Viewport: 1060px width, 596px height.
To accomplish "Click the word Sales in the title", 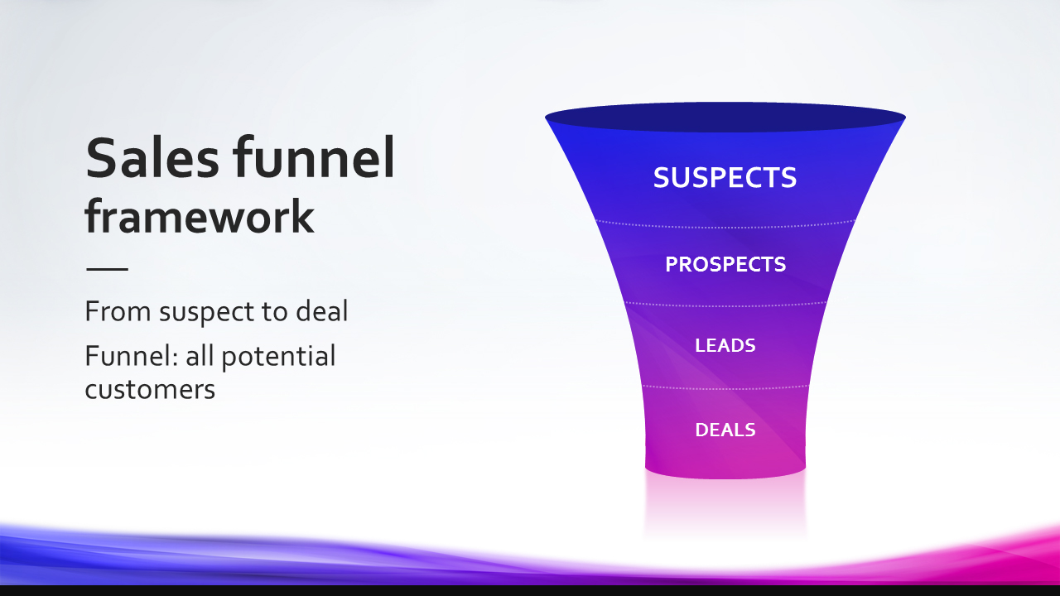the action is tap(152, 157).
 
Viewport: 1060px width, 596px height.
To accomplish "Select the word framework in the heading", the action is tap(200, 216).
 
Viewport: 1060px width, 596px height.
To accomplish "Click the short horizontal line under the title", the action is tap(107, 269).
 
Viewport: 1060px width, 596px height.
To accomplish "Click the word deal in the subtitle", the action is tap(322, 310).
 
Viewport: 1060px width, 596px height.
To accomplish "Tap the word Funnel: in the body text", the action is tap(132, 356).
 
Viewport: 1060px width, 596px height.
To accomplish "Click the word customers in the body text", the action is tap(150, 390).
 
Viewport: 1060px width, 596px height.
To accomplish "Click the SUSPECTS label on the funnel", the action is tap(725, 178).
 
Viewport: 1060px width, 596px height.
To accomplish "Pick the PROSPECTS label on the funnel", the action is tap(725, 264).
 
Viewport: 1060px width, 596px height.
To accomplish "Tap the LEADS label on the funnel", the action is tap(725, 345).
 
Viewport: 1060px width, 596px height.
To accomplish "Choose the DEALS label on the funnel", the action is tap(725, 430).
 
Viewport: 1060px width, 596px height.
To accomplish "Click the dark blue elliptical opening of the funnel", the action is tap(725, 117).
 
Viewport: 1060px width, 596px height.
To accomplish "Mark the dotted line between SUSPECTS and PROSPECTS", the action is tap(725, 224).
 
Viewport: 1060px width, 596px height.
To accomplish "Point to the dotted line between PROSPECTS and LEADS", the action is tap(725, 305).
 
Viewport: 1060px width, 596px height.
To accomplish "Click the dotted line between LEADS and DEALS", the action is tap(725, 387).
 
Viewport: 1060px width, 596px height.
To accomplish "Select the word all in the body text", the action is tap(199, 356).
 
